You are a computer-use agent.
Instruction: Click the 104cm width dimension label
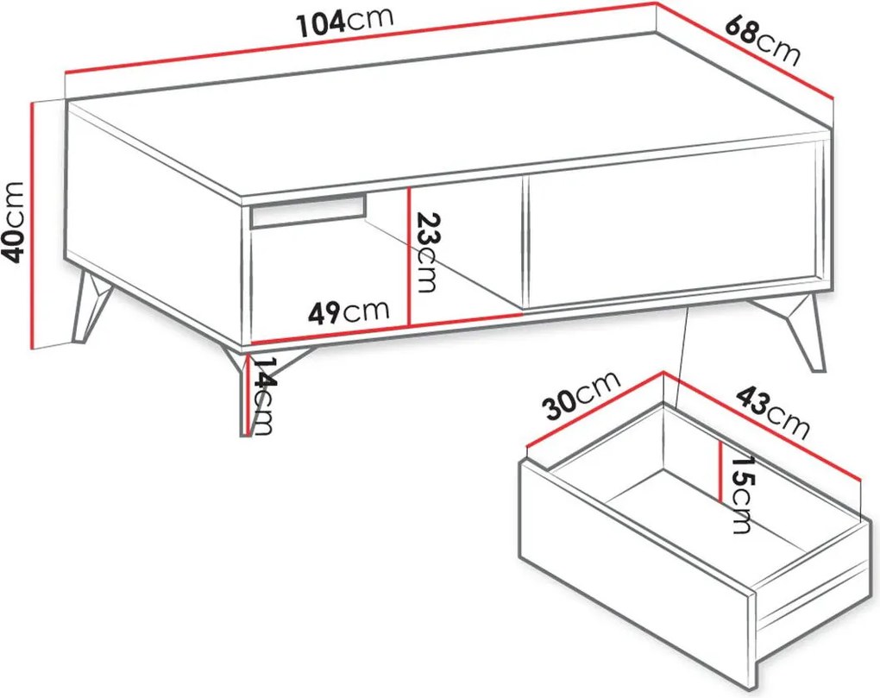(x=344, y=23)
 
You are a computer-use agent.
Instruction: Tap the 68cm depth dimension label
(x=762, y=40)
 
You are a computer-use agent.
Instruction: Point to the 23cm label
(x=424, y=253)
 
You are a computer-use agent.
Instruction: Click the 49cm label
(x=348, y=312)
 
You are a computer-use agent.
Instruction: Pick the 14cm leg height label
(x=262, y=396)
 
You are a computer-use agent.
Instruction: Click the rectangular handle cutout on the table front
(x=308, y=211)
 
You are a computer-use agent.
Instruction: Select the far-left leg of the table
(x=90, y=305)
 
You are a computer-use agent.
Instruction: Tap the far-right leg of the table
(x=796, y=333)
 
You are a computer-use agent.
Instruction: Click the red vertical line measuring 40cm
(x=34, y=225)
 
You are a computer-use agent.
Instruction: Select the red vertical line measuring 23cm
(x=410, y=256)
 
